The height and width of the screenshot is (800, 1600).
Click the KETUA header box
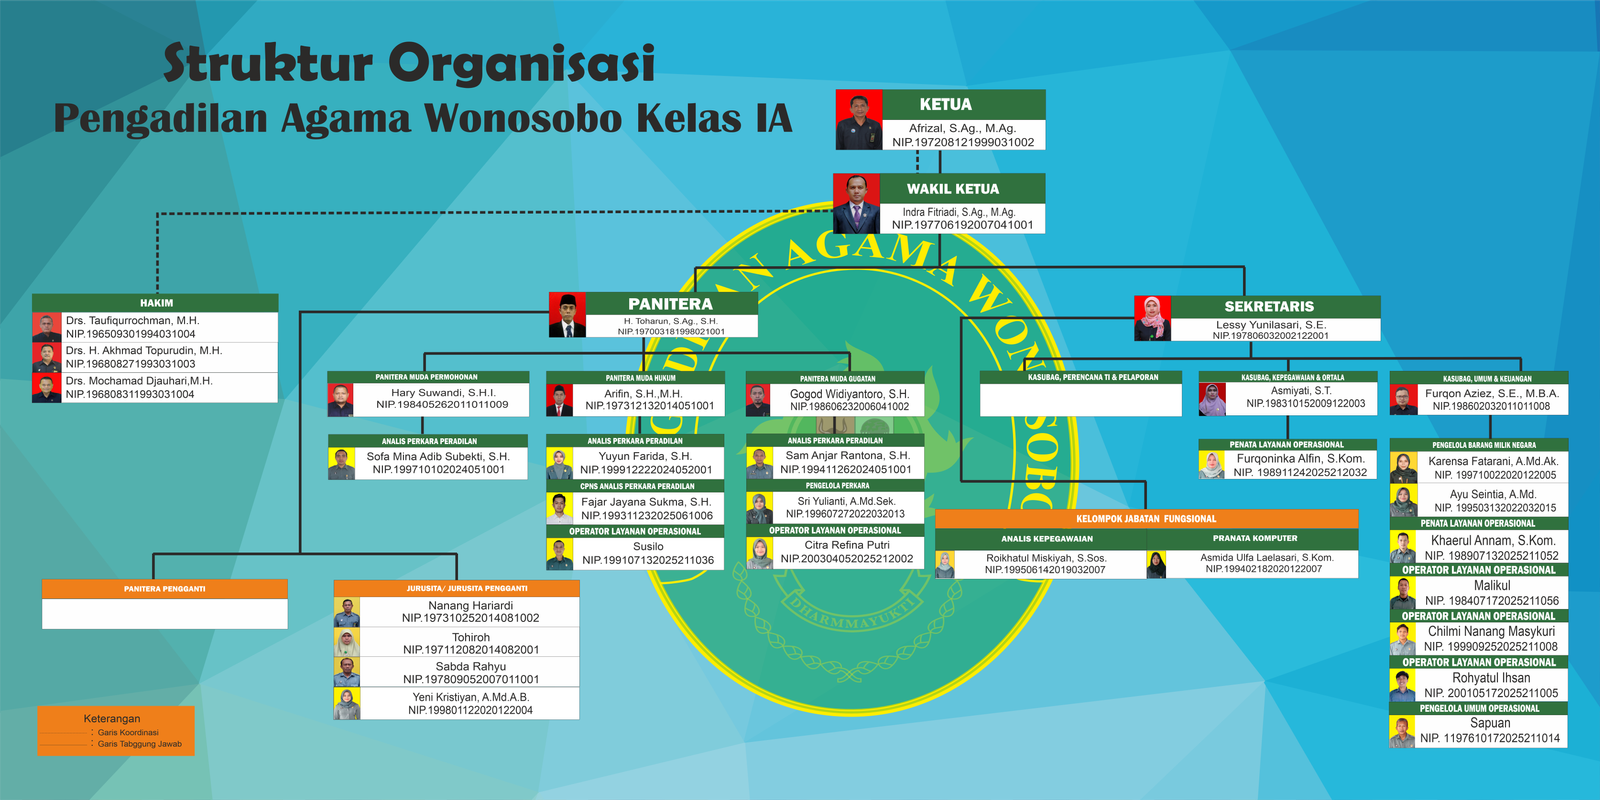click(945, 104)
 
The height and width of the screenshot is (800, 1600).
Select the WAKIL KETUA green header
click(953, 188)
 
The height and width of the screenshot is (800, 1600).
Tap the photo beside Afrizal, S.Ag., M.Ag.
click(858, 120)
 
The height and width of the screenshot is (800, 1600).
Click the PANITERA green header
click(670, 303)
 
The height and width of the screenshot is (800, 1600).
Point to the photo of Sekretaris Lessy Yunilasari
click(1152, 318)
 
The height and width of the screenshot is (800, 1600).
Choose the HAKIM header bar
click(156, 302)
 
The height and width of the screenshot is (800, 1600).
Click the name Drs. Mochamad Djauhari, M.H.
click(139, 381)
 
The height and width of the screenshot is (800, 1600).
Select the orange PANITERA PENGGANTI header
click(164, 589)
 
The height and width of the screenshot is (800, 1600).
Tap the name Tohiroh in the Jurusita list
click(471, 637)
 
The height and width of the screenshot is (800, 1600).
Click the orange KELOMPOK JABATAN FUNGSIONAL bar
click(1146, 519)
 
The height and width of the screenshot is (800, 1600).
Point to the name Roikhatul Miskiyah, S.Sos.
click(1046, 558)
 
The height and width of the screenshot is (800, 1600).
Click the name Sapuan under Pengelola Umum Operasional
click(1490, 723)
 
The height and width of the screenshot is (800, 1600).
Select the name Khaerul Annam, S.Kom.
click(1492, 540)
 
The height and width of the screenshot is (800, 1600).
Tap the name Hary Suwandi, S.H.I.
click(443, 392)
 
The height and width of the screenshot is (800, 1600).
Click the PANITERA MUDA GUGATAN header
click(837, 378)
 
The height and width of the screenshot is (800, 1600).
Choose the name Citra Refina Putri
click(847, 545)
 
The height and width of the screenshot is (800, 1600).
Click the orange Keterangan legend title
click(112, 718)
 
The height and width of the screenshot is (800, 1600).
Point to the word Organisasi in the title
click(521, 64)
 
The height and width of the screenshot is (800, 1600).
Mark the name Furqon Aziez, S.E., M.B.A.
click(1491, 393)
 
